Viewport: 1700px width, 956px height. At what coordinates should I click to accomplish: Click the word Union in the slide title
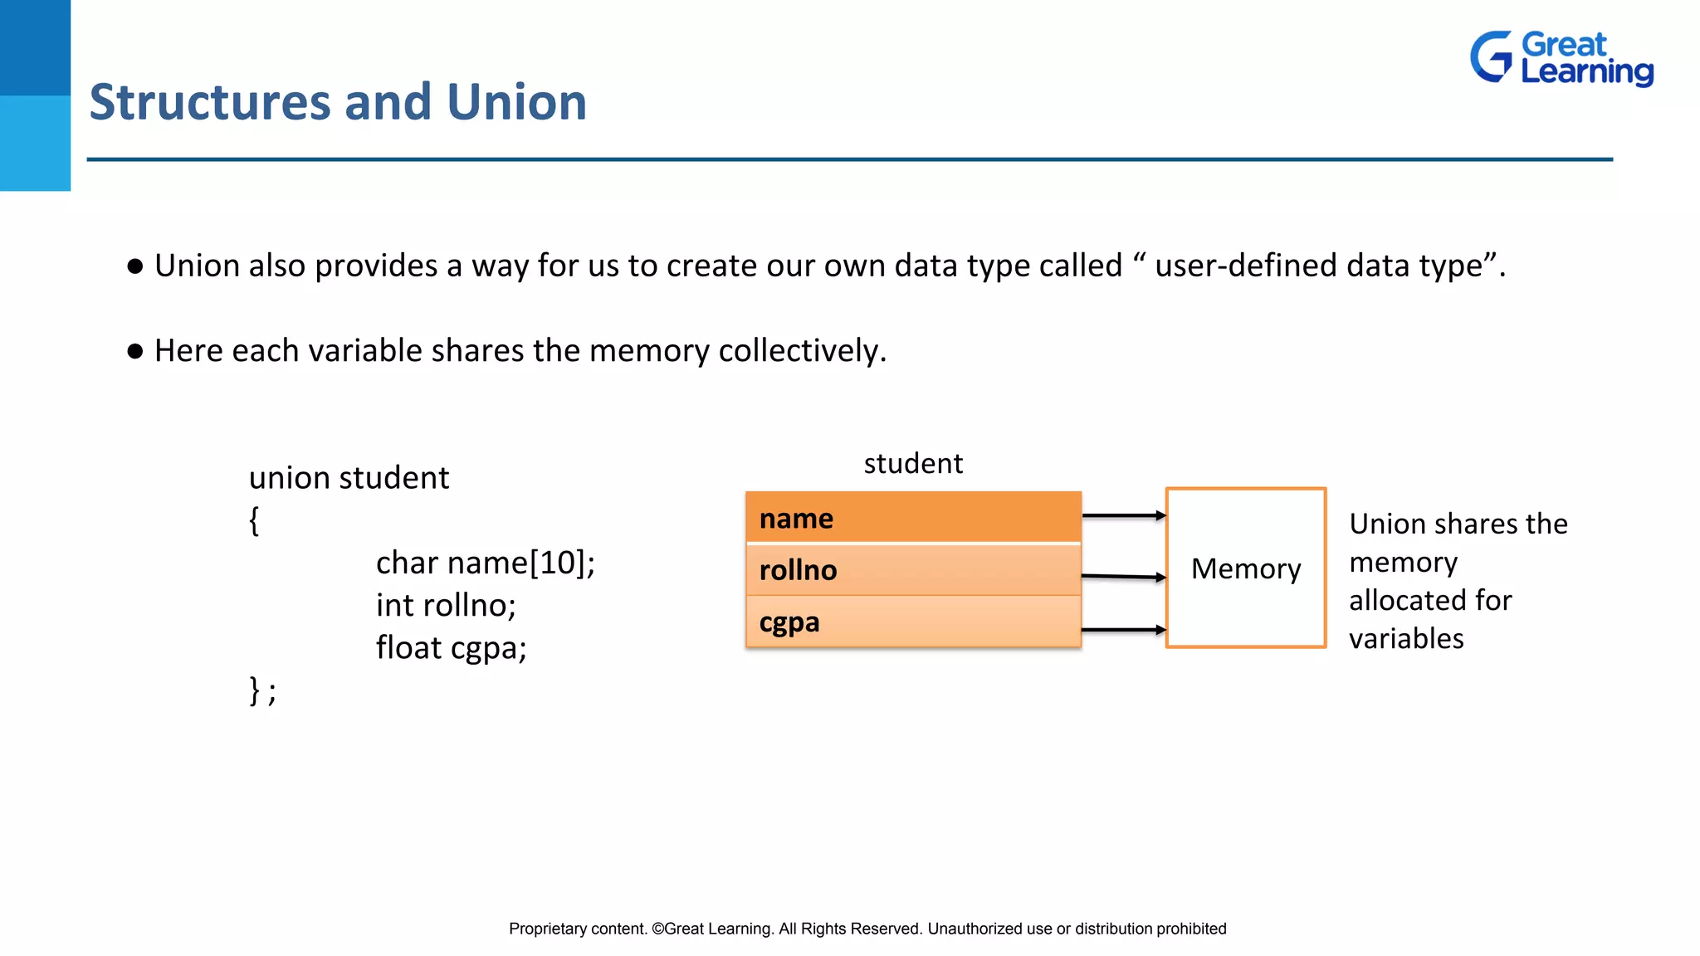[516, 102]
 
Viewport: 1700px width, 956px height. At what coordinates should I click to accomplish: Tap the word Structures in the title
[210, 102]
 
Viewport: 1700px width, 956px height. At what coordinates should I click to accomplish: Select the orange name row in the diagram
[913, 518]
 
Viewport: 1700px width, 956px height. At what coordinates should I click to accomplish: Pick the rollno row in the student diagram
[913, 570]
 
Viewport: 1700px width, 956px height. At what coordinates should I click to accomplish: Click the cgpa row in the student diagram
[913, 622]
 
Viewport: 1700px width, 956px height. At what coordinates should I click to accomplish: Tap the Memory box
[1245, 568]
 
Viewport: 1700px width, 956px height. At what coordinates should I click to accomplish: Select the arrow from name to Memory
[1123, 515]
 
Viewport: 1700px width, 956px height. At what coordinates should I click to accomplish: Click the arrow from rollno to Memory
[1123, 576]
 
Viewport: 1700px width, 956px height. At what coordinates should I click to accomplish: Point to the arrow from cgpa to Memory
[1123, 630]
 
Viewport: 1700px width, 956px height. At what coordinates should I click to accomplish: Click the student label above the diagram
[913, 463]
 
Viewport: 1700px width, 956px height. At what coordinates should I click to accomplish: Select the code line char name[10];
[485, 563]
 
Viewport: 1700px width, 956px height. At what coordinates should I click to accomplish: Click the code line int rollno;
[446, 605]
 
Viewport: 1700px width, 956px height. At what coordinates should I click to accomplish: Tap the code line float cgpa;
[451, 647]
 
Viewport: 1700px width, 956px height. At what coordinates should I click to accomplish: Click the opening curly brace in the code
[254, 521]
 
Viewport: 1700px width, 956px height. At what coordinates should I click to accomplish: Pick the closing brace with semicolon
[262, 690]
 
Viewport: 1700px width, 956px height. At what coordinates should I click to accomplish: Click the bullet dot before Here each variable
[135, 351]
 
